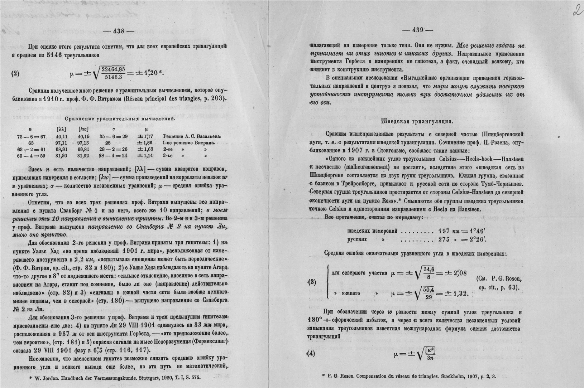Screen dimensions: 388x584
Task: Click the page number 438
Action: pos(119,31)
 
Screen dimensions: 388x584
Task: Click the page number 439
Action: pos(418,30)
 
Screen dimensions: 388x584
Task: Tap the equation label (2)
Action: pos(15,74)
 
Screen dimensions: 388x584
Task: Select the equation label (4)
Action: pos(311,354)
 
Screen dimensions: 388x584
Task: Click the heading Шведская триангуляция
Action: pos(416,121)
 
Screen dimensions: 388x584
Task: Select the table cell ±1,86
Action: pos(145,143)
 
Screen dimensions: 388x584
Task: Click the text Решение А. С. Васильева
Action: pos(191,136)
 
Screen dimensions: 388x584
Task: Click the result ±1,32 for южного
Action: pos(456,293)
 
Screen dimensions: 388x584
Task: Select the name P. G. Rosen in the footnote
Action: pos(340,376)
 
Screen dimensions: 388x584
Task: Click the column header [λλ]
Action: pos(60,129)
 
